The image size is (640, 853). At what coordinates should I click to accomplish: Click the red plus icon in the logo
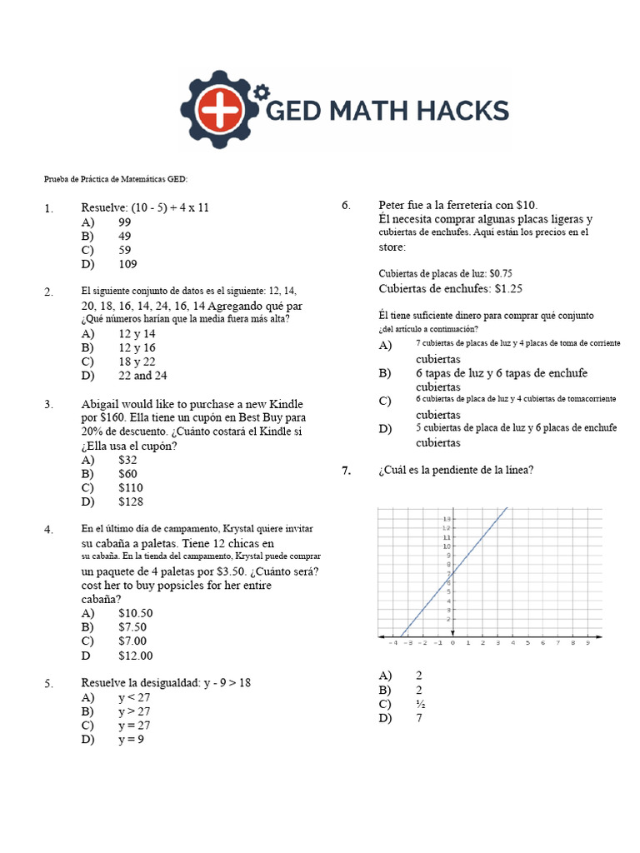pyautogui.click(x=222, y=112)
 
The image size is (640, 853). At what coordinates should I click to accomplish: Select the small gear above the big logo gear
pyautogui.click(x=262, y=89)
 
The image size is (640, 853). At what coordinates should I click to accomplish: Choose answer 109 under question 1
pyautogui.click(x=127, y=264)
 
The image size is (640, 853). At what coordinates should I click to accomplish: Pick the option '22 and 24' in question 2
pyautogui.click(x=142, y=376)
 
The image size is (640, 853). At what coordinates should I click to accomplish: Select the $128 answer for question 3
pyautogui.click(x=131, y=501)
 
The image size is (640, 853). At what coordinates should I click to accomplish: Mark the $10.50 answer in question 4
pyautogui.click(x=136, y=613)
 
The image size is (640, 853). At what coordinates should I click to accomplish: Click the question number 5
pyautogui.click(x=49, y=684)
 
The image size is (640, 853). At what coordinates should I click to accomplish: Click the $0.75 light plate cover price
pyautogui.click(x=500, y=273)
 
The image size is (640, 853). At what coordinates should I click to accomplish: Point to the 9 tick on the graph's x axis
pyautogui.click(x=587, y=643)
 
